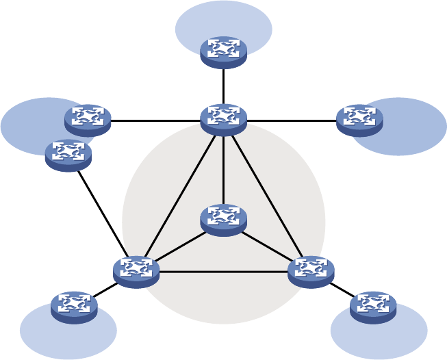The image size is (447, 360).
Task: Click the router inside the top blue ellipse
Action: (223, 52)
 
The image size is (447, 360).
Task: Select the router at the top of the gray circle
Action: (223, 119)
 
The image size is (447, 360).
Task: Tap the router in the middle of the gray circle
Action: (223, 220)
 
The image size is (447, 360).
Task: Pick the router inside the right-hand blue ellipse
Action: (359, 120)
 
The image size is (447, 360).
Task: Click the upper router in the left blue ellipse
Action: (88, 120)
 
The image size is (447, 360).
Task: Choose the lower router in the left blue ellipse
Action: (68, 155)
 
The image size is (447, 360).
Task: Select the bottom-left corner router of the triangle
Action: (136, 271)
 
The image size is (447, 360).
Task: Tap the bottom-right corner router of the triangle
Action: (311, 271)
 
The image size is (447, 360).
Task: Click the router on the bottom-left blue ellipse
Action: (74, 307)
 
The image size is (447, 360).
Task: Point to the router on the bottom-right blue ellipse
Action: (373, 307)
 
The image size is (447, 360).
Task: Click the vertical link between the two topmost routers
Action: (223, 86)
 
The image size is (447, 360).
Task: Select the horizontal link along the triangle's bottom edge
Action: (223, 272)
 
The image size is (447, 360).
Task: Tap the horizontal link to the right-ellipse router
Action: (291, 120)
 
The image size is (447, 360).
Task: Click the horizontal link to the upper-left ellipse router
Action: (155, 120)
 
